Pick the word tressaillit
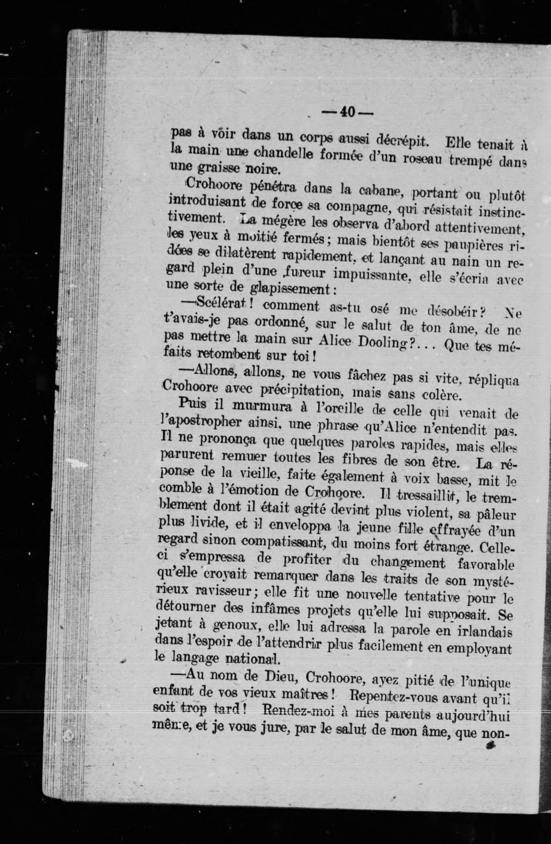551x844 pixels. coord(425,495)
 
